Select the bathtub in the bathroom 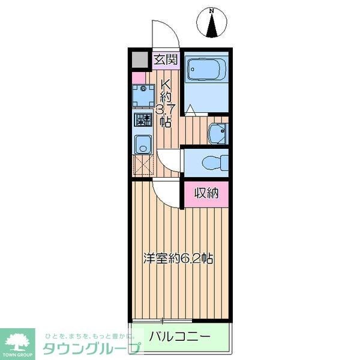pos(205,70)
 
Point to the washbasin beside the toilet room pos(217,133)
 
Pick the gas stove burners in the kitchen pos(143,119)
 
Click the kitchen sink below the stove pos(143,144)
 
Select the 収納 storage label pos(206,193)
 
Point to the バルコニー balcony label pos(180,336)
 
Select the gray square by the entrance pos(139,60)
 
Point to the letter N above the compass pos(211,10)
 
